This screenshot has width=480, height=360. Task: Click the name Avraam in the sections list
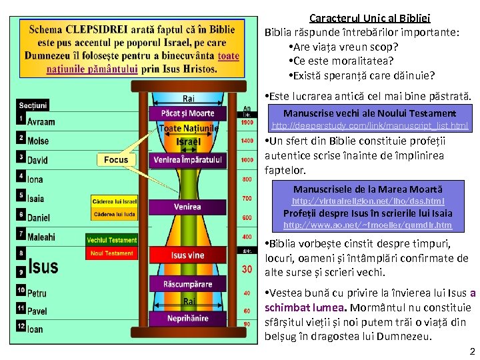[41, 122]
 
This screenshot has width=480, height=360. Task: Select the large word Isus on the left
[43, 266]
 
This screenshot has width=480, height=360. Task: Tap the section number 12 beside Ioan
[21, 326]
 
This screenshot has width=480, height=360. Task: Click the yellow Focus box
[116, 160]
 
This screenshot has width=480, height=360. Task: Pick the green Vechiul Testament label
[112, 240]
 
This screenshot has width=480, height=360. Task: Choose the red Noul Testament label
[112, 253]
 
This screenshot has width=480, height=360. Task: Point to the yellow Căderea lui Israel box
[115, 201]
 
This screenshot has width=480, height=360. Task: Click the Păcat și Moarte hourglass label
[188, 113]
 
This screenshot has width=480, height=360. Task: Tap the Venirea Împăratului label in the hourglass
[188, 160]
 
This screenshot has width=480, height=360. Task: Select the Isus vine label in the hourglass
[188, 255]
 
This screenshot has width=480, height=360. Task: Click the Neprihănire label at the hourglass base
[188, 319]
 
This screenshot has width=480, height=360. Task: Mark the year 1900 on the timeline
[247, 123]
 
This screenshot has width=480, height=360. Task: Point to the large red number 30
[247, 269]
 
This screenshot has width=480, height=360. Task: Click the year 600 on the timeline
[247, 218]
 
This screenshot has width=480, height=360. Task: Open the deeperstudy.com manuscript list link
[370, 125]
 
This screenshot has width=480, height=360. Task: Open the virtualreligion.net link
[369, 201]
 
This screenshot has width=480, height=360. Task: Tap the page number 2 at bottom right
[472, 351]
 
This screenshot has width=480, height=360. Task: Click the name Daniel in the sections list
[39, 217]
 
